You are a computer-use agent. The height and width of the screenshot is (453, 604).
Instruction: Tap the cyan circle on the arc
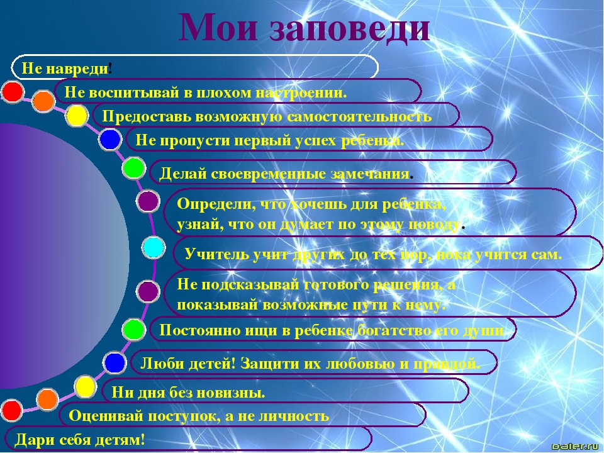(x=154, y=248)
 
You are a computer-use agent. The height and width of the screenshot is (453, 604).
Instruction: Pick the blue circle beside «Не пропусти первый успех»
(x=110, y=140)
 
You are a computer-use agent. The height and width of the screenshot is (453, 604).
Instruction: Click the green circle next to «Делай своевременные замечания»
(x=133, y=169)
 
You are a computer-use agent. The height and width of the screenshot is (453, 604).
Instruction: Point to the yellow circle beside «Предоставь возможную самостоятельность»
(x=77, y=116)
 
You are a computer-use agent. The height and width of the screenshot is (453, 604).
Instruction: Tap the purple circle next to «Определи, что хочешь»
(x=148, y=201)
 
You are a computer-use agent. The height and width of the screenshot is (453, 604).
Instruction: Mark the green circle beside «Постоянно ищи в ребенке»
(x=133, y=329)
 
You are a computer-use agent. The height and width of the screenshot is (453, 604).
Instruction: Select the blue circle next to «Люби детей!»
(x=115, y=363)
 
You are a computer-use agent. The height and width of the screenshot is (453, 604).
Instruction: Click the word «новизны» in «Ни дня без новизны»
(x=235, y=393)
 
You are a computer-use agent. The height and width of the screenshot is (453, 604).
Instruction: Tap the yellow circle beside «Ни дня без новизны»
(x=85, y=387)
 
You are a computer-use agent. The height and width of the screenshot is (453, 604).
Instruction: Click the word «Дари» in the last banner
(x=31, y=440)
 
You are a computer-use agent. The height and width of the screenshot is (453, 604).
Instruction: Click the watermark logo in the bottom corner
(x=574, y=447)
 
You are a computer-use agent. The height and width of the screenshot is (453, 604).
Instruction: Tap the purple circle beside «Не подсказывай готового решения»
(x=148, y=291)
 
